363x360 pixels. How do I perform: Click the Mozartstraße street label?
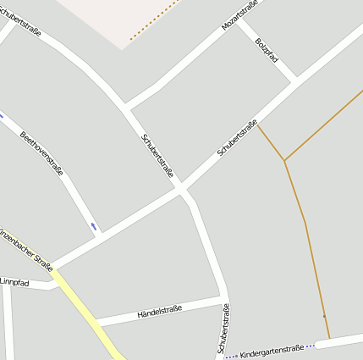pos(239,15)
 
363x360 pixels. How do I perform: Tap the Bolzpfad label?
pos(267,56)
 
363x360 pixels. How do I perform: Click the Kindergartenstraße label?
pos(272,350)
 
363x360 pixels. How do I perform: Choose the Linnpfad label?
pos(14,281)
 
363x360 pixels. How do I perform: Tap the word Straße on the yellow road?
pos(42,258)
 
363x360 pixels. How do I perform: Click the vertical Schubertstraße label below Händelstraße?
pos(223,328)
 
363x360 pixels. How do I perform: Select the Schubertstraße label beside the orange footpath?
pos(237,137)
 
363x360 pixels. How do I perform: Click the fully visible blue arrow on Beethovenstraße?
pos(94,226)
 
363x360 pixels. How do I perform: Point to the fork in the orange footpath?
pos(285,159)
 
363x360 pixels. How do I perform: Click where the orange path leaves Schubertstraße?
pos(258,124)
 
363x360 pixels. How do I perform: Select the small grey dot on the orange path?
pos(323,316)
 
